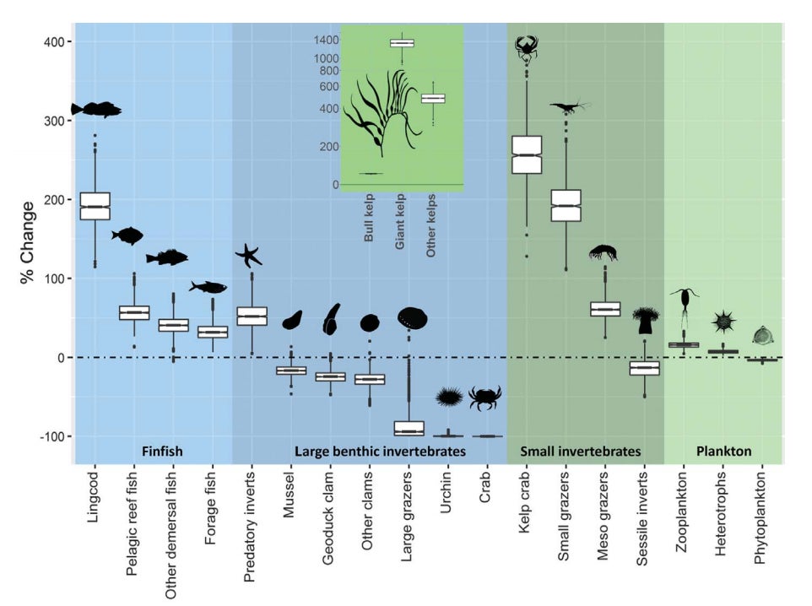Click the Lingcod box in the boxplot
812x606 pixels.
pos(95,206)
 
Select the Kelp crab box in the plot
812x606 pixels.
pos(528,154)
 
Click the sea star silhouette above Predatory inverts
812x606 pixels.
pos(249,255)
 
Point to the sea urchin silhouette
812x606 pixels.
pos(448,397)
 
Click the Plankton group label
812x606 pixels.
pos(723,452)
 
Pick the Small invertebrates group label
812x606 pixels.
pos(580,452)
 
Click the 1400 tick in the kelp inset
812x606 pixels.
pos(328,40)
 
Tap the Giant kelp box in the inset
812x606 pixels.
pos(402,43)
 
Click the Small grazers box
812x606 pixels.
pos(566,205)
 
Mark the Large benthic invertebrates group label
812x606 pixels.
pos(380,452)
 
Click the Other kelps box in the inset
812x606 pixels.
pos(433,99)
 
